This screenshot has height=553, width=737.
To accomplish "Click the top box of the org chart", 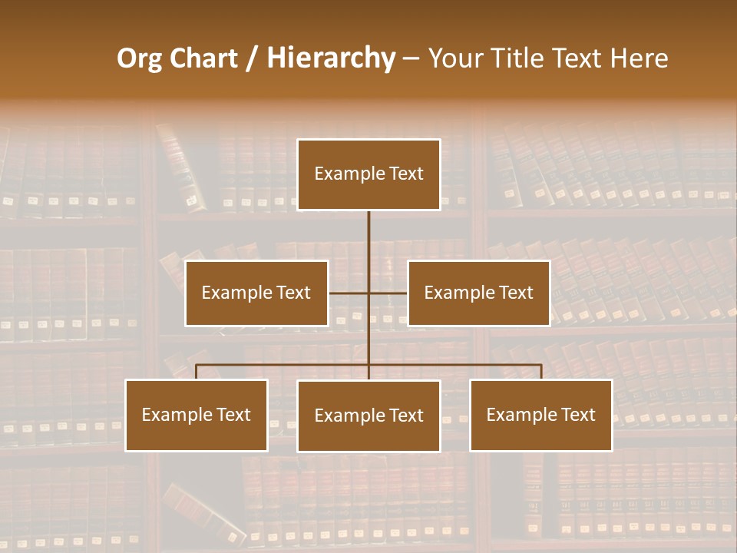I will click(x=368, y=174).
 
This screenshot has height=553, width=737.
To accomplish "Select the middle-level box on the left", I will click(x=256, y=293).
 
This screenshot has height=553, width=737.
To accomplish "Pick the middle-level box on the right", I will click(x=478, y=293).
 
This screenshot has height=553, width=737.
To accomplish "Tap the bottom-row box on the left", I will click(x=197, y=415).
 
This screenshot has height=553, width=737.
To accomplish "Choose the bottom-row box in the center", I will click(x=368, y=416).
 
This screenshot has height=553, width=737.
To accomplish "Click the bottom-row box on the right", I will click(x=540, y=415).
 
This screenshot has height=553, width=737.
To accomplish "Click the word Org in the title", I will click(x=139, y=58).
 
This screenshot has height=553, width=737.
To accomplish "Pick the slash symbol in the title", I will click(x=252, y=58).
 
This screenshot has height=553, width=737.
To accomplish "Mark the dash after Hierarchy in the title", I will click(x=411, y=58).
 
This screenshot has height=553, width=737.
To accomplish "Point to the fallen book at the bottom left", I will click(x=203, y=510).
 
